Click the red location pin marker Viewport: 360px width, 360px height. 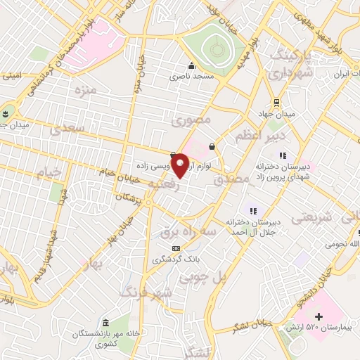(x=180, y=165)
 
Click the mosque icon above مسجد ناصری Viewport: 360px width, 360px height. (x=190, y=64)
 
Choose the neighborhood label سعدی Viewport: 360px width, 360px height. (x=67, y=128)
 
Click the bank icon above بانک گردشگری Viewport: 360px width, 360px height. (x=176, y=248)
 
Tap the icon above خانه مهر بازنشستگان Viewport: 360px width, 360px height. (x=105, y=321)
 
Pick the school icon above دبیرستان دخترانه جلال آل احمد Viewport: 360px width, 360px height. (x=252, y=210)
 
